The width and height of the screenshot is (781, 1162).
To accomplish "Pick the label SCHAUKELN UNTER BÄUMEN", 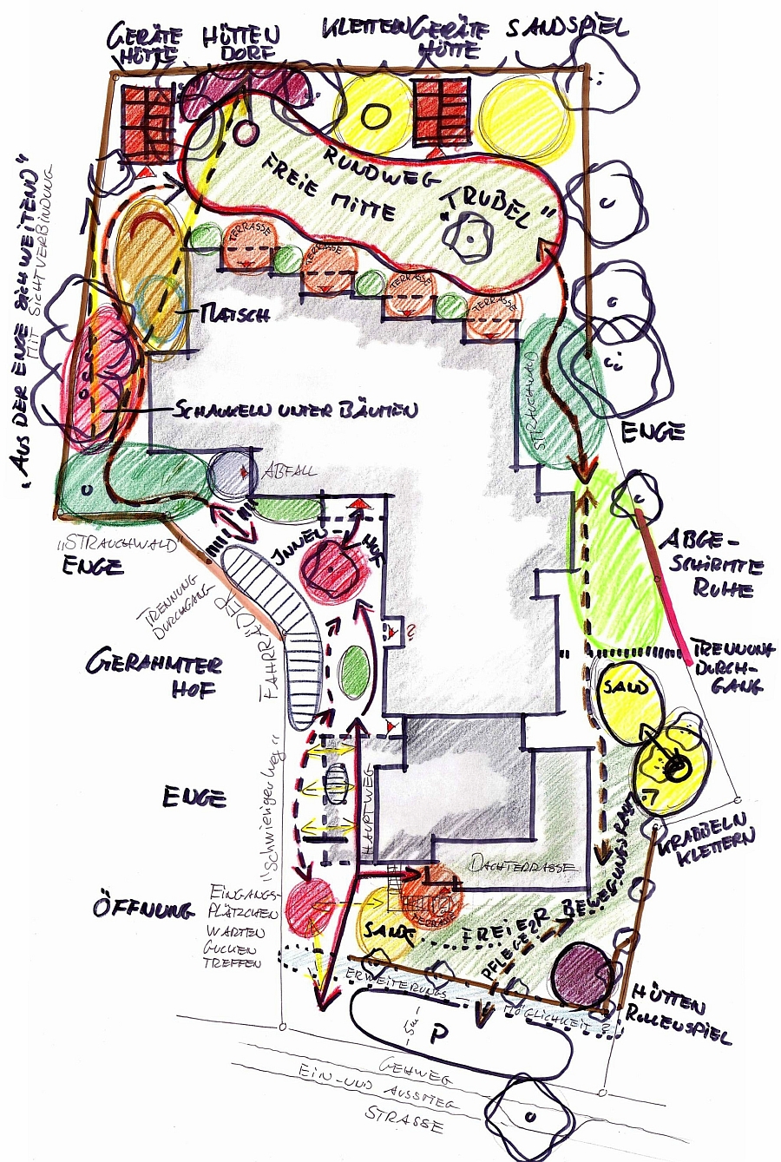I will (x=295, y=409).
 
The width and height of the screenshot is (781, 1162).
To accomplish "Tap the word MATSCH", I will (x=233, y=315).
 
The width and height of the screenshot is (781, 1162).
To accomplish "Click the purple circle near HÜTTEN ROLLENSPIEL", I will (x=582, y=973).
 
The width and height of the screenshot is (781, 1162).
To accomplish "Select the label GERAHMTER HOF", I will (x=154, y=677).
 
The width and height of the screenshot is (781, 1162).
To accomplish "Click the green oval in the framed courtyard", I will (x=353, y=672).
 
